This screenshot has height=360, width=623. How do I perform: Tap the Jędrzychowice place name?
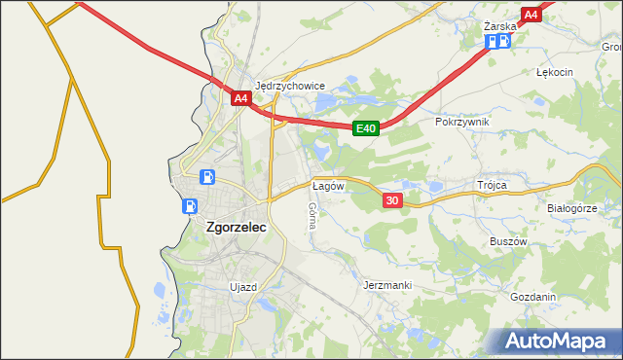click(x=289, y=86)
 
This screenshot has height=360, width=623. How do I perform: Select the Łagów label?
click(x=326, y=184)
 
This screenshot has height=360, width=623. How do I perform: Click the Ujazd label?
click(x=241, y=287)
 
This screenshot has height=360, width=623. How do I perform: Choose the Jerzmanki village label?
click(x=387, y=285)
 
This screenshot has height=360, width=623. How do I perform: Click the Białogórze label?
click(x=571, y=208)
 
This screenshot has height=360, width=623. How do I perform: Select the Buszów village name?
click(x=507, y=241)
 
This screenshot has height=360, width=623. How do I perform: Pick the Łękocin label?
click(x=555, y=72)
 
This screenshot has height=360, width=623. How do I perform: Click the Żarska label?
click(x=499, y=26)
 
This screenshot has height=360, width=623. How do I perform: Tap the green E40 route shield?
click(x=365, y=127)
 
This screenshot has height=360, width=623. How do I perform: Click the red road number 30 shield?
click(x=392, y=200)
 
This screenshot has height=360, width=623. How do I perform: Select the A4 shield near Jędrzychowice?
click(x=241, y=98)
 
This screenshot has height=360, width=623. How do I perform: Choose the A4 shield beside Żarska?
click(x=531, y=15)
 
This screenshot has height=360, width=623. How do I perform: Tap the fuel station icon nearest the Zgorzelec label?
click(x=189, y=206)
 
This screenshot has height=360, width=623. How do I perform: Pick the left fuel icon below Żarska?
click(x=492, y=41)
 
